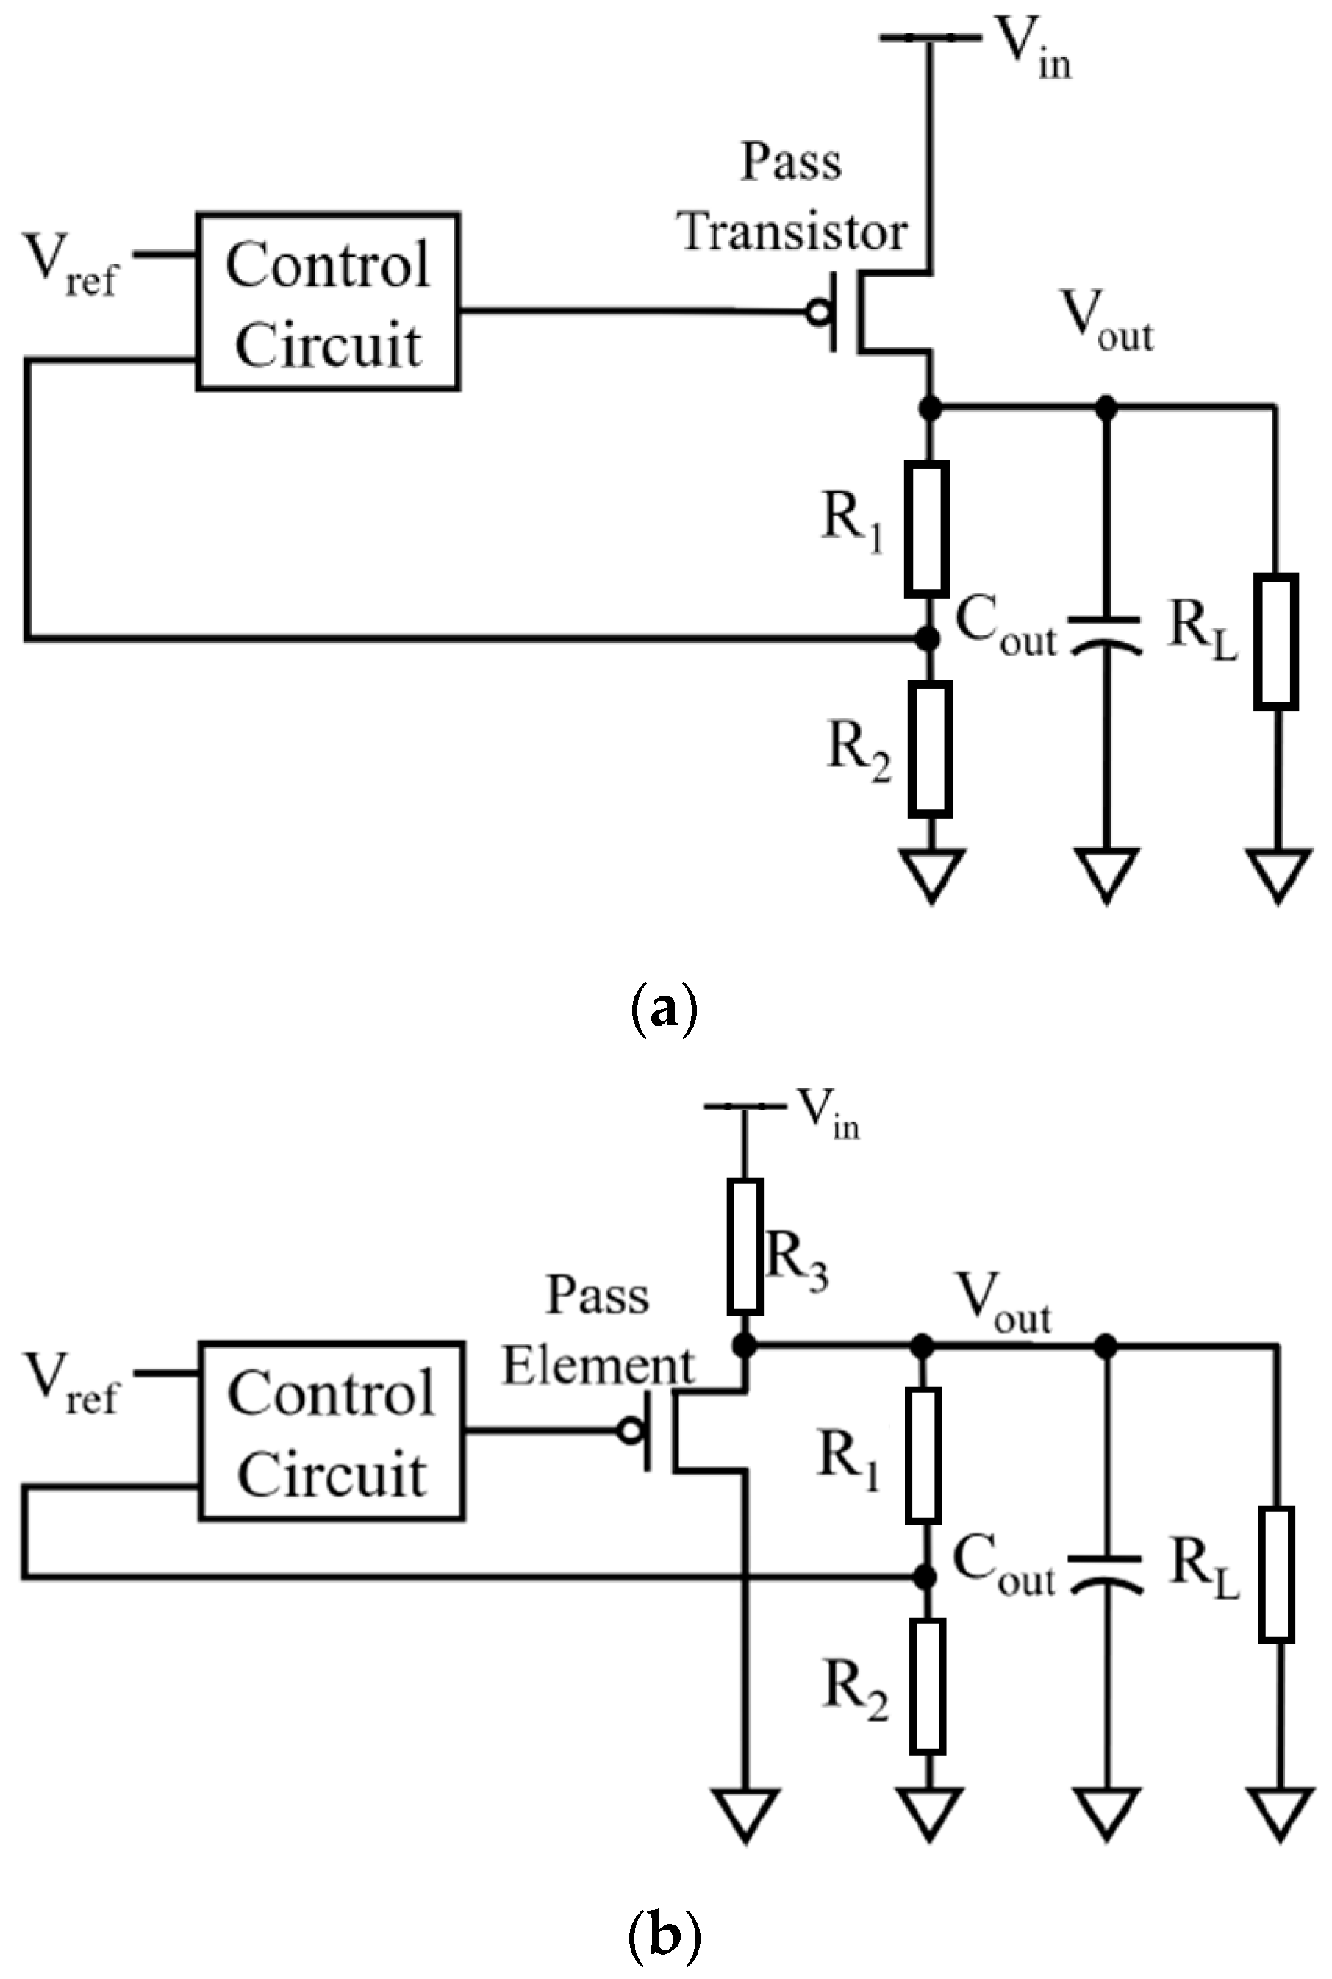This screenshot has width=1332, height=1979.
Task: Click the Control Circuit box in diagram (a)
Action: [328, 302]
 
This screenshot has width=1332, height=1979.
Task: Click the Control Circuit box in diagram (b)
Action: [332, 1432]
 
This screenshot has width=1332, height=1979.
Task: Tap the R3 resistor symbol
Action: [745, 1246]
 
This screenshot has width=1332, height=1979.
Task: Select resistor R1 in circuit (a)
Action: [926, 529]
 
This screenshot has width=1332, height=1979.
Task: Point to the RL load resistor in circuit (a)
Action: [1276, 641]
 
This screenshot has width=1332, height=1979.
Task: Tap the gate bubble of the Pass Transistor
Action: [819, 313]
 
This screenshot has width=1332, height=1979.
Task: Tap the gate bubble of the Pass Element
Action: [630, 1432]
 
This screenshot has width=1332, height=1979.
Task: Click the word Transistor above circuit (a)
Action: [794, 231]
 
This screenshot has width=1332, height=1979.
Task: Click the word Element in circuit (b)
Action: [598, 1366]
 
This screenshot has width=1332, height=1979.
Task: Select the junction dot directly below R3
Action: [744, 1345]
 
